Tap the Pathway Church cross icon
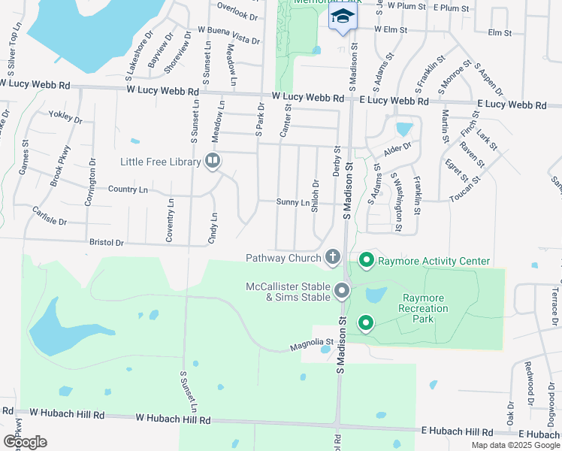pyautogui.click(x=332, y=258)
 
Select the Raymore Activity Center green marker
pyautogui.click(x=367, y=261)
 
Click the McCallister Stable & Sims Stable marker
pyautogui.click(x=342, y=290)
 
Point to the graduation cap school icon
pyautogui.click(x=342, y=17)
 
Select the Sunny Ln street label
pyautogui.click(x=292, y=202)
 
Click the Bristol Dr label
pyautogui.click(x=106, y=244)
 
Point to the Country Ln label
pyautogui.click(x=128, y=189)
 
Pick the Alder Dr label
pyautogui.click(x=397, y=149)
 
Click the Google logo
pyautogui.click(x=24, y=442)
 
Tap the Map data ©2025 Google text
pyautogui.click(x=515, y=445)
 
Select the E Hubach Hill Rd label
pyautogui.click(x=458, y=432)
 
